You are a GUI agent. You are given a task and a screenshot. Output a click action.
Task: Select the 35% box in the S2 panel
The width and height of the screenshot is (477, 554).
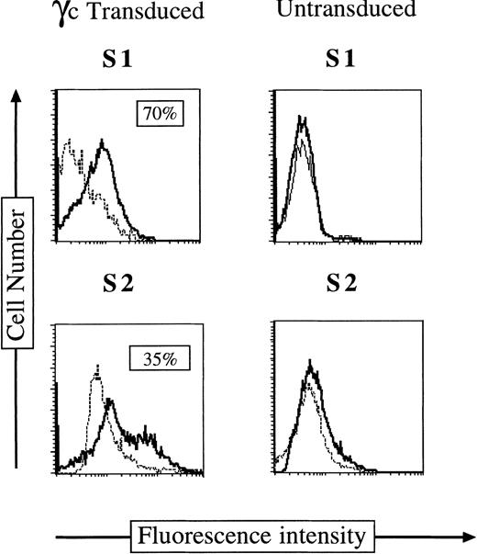click(158, 356)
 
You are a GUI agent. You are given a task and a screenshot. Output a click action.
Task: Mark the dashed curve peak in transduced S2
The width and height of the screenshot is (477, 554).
click(95, 371)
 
